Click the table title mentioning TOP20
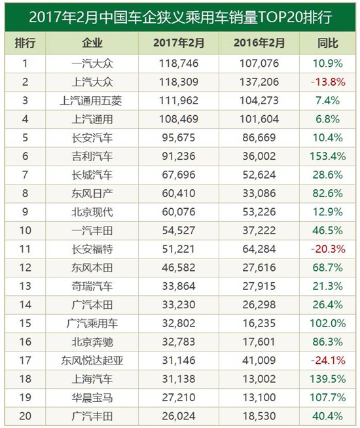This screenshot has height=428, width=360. coord(181,17)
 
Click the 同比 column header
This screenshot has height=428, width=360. coord(327,43)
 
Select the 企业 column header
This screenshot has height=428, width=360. coord(92,43)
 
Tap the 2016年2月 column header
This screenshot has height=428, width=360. coord(259,43)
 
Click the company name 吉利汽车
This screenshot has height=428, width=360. coord(92,156)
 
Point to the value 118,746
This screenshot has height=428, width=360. coord(179,63)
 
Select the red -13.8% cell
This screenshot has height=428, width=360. coord(328,82)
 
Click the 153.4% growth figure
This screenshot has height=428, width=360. coord(328,156)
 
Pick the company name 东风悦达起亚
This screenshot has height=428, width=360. coord(92,361)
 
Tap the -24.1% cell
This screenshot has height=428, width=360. coord(328,361)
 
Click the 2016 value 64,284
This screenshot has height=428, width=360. coord(259,249)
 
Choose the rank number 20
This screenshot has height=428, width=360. coord(25,416)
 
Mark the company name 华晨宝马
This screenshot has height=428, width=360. coord(92,398)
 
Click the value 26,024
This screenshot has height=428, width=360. coord(179,416)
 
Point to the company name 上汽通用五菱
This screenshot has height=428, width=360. coord(91,101)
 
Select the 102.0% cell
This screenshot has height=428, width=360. coord(328,323)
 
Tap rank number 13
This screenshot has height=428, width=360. coord(25,287)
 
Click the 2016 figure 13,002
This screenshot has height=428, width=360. coord(259,379)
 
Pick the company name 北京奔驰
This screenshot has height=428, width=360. coord(92,342)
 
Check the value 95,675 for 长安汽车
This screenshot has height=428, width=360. coord(179,138)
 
